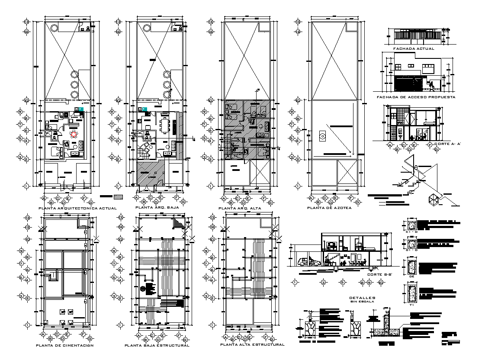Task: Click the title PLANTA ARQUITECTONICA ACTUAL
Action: [71, 208]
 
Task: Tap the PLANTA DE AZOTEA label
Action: [329, 208]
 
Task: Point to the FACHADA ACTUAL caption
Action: [411, 49]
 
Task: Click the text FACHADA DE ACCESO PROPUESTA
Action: [416, 97]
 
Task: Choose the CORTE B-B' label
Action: [380, 274]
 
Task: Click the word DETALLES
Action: [363, 298]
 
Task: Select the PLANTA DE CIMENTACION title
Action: [64, 345]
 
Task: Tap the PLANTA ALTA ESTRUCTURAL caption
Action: [252, 345]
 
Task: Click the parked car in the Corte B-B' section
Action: [308, 262]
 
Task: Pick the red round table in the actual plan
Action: [74, 134]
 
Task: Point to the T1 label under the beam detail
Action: [411, 305]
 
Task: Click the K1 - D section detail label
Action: [411, 232]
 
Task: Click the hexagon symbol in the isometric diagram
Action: [434, 199]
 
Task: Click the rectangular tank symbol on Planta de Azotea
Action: [322, 136]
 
